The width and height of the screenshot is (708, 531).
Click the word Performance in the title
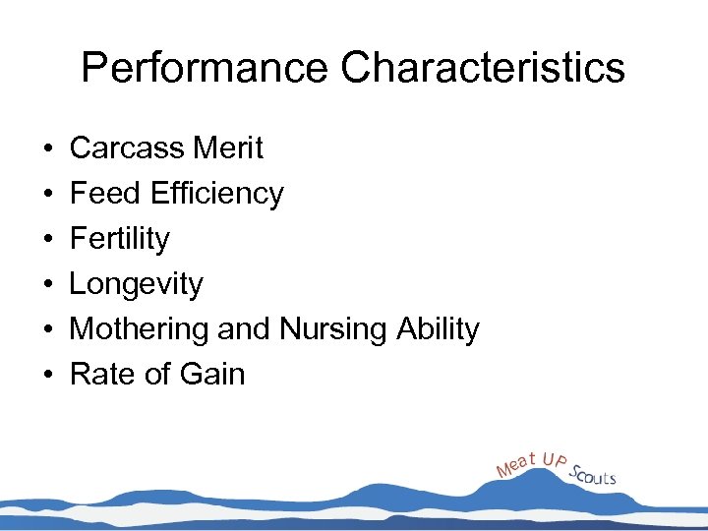click(x=205, y=68)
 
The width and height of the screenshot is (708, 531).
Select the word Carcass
click(x=126, y=148)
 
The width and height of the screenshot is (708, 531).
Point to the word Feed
click(x=105, y=194)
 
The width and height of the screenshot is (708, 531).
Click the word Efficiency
click(x=216, y=194)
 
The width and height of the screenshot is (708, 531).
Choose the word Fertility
click(x=119, y=239)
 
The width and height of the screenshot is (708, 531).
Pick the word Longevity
click(x=136, y=284)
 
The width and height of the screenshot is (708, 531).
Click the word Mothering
click(x=140, y=329)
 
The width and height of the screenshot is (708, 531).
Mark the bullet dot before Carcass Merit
click(x=47, y=149)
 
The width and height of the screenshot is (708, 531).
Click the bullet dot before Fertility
click(x=47, y=240)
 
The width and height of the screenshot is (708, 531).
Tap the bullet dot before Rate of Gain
click(x=47, y=376)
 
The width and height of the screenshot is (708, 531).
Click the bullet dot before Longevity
click(x=47, y=285)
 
